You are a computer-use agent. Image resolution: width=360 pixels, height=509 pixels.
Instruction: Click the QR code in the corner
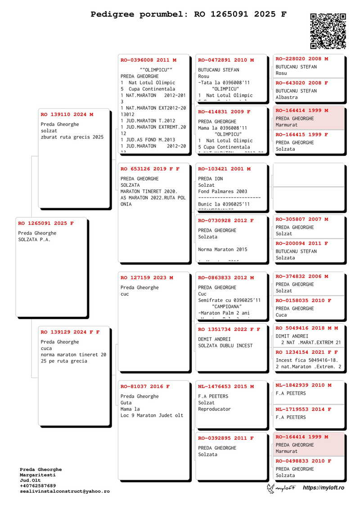tap(328, 31)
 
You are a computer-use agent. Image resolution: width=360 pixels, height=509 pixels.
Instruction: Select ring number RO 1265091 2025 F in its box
tap(46, 223)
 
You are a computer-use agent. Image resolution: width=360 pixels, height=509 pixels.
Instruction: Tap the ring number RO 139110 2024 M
tap(67, 114)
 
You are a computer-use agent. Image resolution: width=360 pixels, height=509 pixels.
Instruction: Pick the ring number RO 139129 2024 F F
tap(70, 332)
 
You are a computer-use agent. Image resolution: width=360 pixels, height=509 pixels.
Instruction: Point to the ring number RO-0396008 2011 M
tap(148, 60)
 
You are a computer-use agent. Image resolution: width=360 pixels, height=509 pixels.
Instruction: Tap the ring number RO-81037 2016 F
tap(145, 387)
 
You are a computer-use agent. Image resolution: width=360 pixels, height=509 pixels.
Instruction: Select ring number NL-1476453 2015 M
tap(226, 387)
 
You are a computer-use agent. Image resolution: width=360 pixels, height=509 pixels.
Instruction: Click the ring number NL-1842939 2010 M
tap(304, 385)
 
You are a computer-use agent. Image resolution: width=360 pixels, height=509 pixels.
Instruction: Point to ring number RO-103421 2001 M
tap(224, 169)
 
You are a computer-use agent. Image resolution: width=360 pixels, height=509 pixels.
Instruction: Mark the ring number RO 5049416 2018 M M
tap(307, 328)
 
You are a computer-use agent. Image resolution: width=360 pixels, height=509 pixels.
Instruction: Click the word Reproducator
tap(214, 409)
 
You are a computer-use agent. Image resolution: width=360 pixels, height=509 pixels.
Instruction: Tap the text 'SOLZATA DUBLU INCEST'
tap(225, 346)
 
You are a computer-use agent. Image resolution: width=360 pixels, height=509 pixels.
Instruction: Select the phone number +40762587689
tap(38, 486)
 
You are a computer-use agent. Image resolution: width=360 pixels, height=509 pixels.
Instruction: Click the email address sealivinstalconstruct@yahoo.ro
tap(64, 491)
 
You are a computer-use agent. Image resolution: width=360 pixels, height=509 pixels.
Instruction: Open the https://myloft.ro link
tap(324, 488)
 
